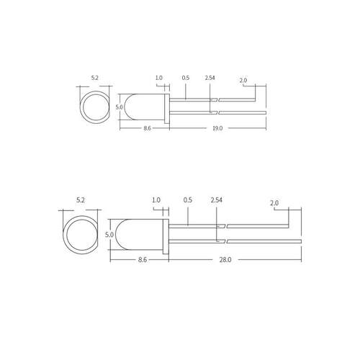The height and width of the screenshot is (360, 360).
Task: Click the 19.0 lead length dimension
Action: (x=217, y=128)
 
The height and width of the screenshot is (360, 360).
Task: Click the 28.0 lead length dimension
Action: (x=225, y=260)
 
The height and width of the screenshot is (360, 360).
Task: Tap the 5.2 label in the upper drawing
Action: (x=95, y=78)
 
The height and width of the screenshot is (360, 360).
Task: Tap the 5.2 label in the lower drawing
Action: (x=81, y=200)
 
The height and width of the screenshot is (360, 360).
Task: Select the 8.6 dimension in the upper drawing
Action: (x=147, y=128)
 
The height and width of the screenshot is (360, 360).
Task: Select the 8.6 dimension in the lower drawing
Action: (x=143, y=260)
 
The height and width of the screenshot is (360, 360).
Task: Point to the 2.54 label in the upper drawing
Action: (x=210, y=78)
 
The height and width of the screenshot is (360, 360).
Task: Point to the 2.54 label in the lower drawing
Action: (x=217, y=200)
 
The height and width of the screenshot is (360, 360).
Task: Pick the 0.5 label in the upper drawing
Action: (x=186, y=78)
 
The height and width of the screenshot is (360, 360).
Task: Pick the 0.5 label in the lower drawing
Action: (x=188, y=200)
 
